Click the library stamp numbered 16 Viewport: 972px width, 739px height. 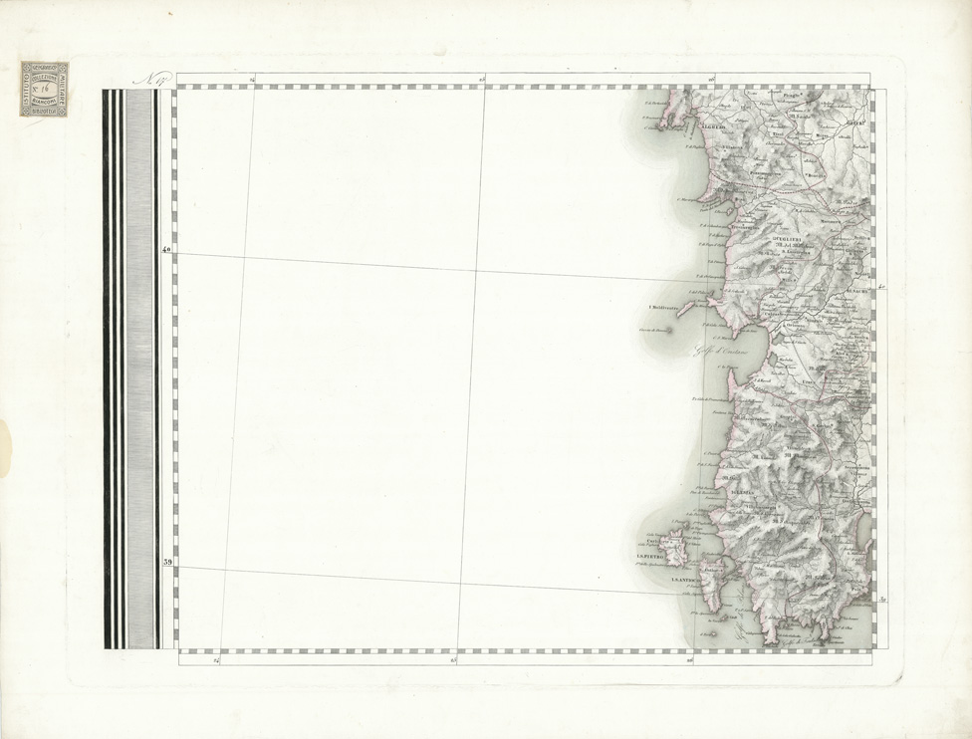click(x=44, y=89)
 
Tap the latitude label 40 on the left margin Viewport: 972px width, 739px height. click(x=167, y=250)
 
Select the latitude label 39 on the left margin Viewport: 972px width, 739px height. click(x=167, y=564)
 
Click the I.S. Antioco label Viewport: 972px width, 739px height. click(x=687, y=581)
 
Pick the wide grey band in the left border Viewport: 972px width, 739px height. click(x=140, y=369)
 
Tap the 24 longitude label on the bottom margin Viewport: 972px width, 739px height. click(x=214, y=658)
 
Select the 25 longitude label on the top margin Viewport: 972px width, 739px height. click(x=483, y=80)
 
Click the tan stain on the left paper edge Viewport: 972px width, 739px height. click(x=3, y=443)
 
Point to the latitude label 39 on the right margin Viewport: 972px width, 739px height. click(x=883, y=600)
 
